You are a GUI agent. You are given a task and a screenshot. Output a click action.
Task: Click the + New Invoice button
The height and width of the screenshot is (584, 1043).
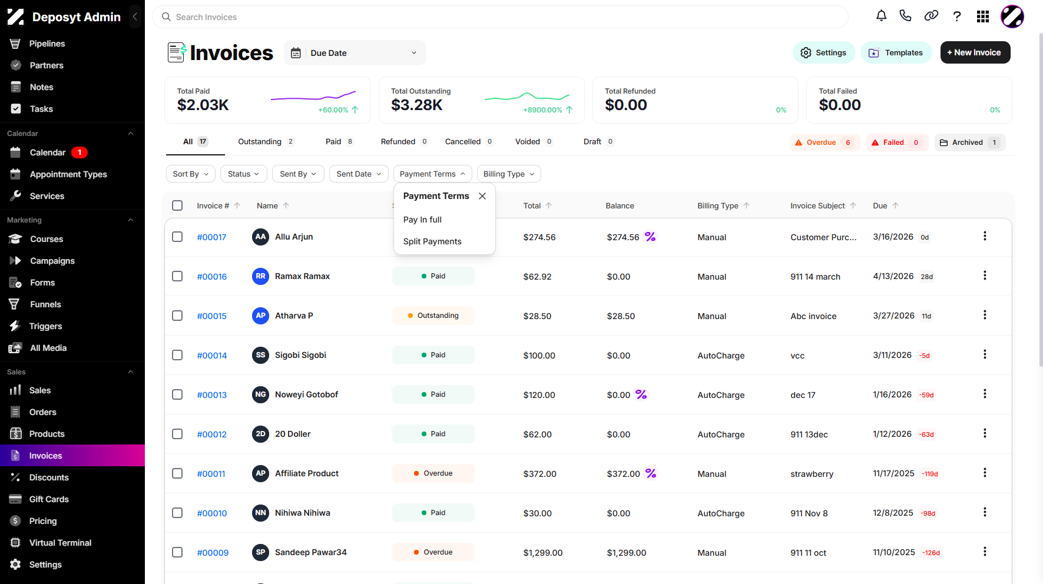(975, 52)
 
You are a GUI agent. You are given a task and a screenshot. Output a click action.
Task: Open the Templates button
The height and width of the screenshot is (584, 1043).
(896, 52)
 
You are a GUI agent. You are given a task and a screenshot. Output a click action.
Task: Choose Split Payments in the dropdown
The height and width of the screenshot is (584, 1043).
(432, 241)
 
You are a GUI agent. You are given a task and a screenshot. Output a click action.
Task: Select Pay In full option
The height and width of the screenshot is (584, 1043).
(422, 220)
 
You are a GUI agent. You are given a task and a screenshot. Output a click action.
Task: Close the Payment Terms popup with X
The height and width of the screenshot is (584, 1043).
(482, 196)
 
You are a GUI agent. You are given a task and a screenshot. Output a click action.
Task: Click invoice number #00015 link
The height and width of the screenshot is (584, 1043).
(212, 316)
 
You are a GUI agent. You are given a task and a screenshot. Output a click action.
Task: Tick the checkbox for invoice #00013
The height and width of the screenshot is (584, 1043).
(177, 394)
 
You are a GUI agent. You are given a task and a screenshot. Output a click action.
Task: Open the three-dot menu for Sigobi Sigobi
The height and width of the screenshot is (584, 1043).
(985, 354)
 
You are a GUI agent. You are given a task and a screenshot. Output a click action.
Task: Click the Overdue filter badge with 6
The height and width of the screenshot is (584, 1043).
(824, 142)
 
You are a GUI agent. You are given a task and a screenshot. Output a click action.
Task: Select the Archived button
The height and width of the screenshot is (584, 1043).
(969, 142)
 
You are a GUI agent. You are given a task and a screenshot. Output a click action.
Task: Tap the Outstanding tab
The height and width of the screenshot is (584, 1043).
(266, 141)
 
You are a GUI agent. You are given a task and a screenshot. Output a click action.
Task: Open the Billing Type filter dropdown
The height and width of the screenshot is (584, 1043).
(509, 174)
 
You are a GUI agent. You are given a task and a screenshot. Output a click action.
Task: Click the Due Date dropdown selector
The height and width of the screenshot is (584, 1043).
(355, 53)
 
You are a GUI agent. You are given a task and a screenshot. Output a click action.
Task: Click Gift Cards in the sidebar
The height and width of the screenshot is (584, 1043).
(49, 499)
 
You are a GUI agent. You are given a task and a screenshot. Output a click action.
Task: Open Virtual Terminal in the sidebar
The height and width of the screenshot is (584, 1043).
(60, 543)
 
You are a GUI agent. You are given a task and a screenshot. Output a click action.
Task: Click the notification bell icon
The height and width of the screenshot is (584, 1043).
(881, 16)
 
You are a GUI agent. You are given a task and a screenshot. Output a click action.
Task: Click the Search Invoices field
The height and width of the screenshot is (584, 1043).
(500, 17)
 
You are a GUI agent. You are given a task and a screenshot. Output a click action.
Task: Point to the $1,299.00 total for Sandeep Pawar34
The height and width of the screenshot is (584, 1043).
(543, 553)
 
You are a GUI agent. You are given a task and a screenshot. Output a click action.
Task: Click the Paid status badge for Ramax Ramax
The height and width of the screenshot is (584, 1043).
(433, 276)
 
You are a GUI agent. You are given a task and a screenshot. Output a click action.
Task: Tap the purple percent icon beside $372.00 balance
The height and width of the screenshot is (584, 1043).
(651, 473)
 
